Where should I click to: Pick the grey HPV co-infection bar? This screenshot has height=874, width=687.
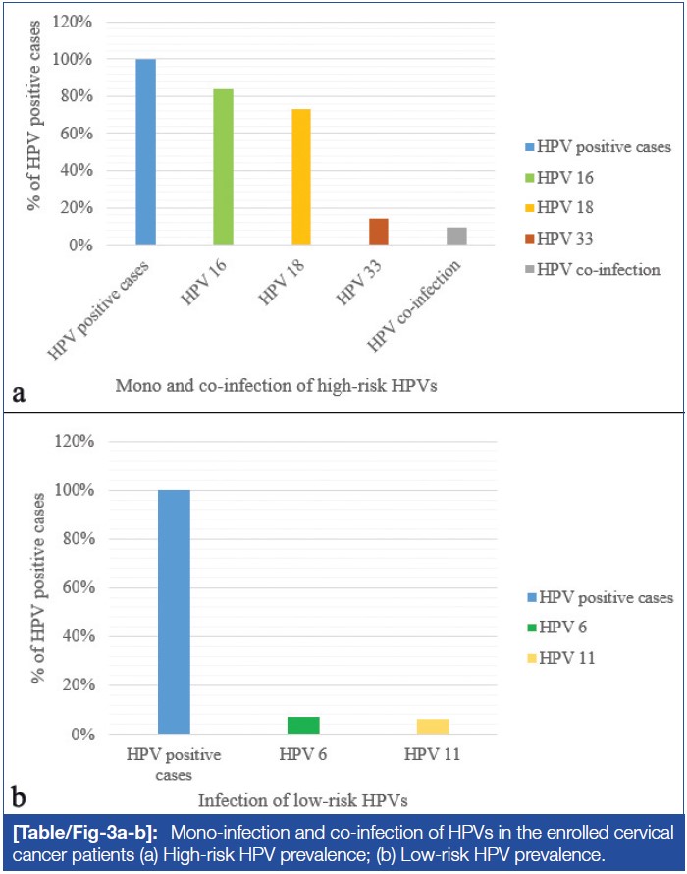click(x=456, y=236)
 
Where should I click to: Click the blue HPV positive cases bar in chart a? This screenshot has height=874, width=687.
click(x=145, y=152)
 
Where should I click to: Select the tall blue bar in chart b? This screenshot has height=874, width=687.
click(x=173, y=612)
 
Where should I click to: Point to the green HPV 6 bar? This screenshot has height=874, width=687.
click(x=303, y=725)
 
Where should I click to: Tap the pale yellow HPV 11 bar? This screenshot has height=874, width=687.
click(x=433, y=726)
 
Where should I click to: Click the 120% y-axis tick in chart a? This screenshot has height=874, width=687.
click(x=79, y=22)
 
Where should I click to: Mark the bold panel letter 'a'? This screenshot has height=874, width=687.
click(x=19, y=394)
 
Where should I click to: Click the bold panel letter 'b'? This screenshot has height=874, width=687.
click(x=19, y=792)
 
